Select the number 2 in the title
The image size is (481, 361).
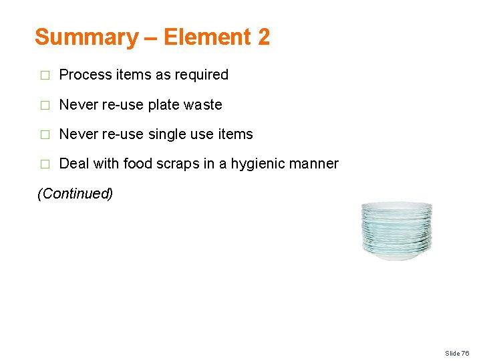(x=263, y=37)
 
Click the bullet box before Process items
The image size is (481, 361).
(x=45, y=76)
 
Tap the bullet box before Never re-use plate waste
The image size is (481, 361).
(x=45, y=106)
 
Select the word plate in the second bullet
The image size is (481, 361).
(x=163, y=105)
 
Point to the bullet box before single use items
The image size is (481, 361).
(x=45, y=135)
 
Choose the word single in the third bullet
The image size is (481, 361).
(x=167, y=134)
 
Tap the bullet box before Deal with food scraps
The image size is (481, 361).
(x=45, y=164)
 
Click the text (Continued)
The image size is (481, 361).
(x=75, y=194)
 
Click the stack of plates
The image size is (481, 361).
(x=396, y=231)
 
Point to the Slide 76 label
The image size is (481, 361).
(x=457, y=352)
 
